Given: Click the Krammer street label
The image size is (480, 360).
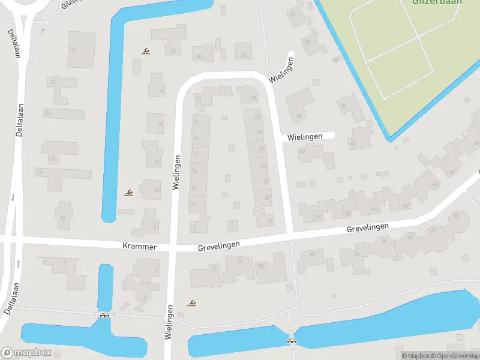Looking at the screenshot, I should [x=139, y=247].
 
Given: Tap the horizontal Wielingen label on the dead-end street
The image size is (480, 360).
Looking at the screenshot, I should [x=305, y=137].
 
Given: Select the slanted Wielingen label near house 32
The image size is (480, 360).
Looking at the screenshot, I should [x=284, y=71].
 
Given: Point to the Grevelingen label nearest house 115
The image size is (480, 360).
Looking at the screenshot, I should [x=367, y=228].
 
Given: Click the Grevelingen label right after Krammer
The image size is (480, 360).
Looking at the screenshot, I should [x=219, y=246].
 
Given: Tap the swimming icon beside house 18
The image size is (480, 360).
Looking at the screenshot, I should [x=145, y=52].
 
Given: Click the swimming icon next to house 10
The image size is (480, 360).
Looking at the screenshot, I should [x=128, y=193].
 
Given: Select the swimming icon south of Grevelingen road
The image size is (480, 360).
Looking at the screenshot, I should [x=192, y=304].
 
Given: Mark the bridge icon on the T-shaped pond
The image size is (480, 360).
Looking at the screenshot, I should [x=105, y=316].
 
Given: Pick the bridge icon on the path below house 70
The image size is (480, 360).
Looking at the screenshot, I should [x=293, y=340].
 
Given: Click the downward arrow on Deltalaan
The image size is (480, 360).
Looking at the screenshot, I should [x=13, y=197].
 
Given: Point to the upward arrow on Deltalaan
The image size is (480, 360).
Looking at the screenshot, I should [x=18, y=264].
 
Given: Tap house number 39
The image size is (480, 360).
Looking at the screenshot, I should [x=269, y=221].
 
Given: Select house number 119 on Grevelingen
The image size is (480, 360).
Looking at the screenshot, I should [x=317, y=217].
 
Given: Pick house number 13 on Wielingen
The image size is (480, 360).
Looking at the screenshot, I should [x=194, y=188].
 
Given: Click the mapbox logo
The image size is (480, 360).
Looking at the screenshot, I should [x=26, y=353].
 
